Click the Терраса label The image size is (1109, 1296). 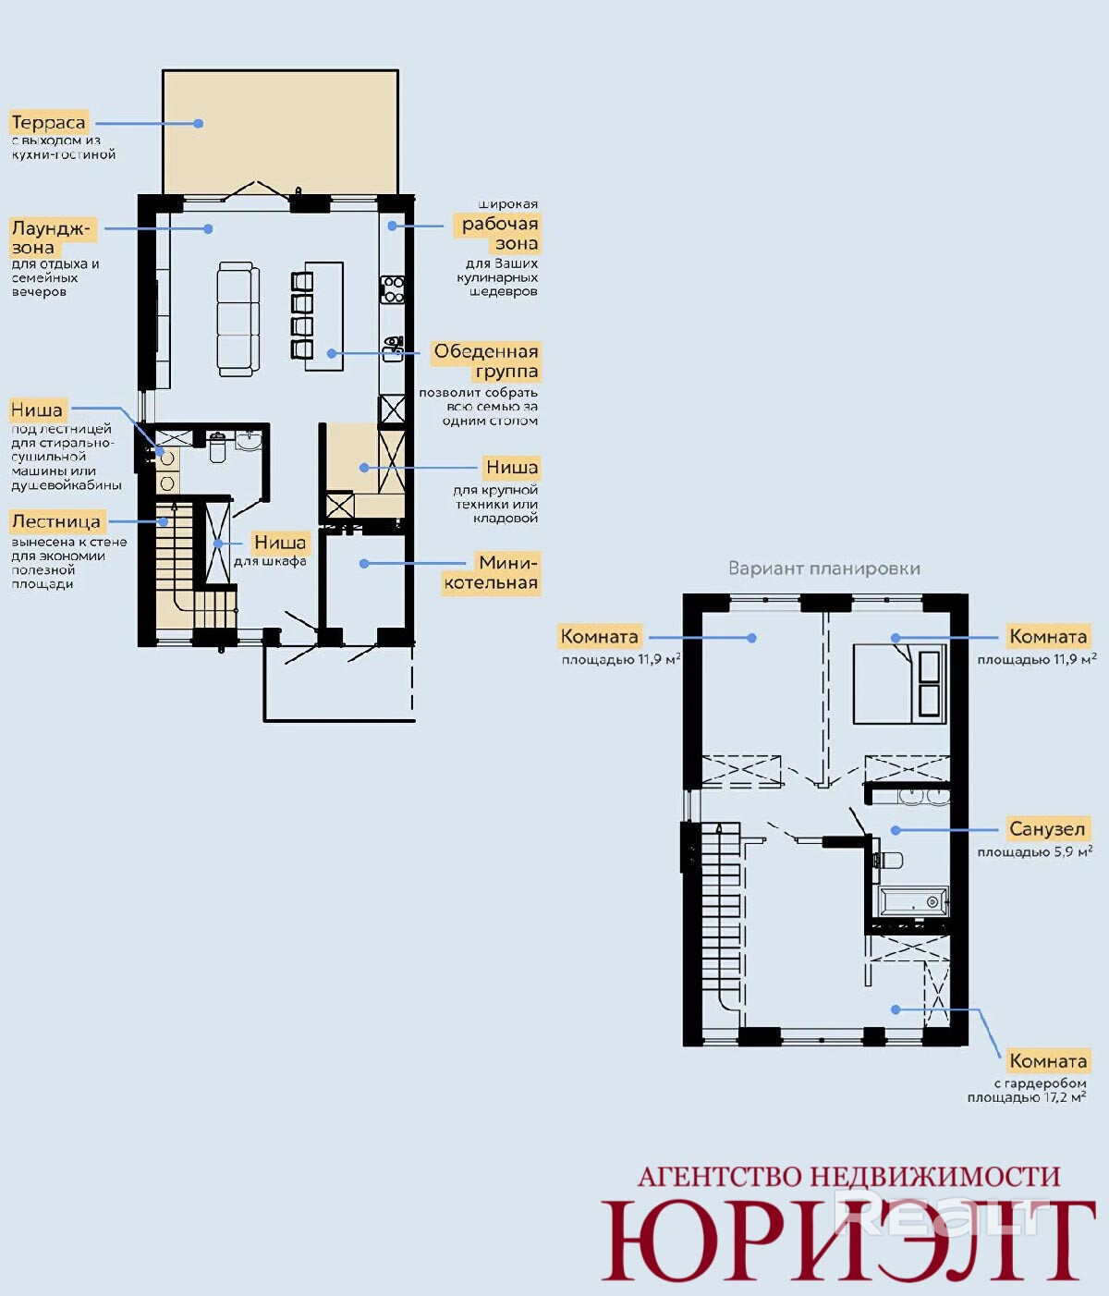[48, 122]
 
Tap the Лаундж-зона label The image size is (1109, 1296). [51, 237]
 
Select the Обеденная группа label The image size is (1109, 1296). [486, 361]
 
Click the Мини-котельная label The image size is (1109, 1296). [491, 572]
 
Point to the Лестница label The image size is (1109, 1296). [56, 521]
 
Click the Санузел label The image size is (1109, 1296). [1047, 828]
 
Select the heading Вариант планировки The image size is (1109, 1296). [823, 569]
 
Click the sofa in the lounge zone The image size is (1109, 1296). [238, 319]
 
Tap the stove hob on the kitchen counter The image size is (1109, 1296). [393, 289]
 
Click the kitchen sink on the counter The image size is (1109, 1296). [393, 348]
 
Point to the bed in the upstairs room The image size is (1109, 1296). [899, 683]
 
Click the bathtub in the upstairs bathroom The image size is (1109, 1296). [914, 901]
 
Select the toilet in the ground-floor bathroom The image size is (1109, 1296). [217, 446]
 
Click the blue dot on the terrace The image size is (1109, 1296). [198, 124]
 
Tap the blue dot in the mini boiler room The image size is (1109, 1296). [363, 564]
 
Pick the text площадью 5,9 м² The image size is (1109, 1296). [1034, 851]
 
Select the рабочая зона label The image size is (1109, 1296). [500, 233]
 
